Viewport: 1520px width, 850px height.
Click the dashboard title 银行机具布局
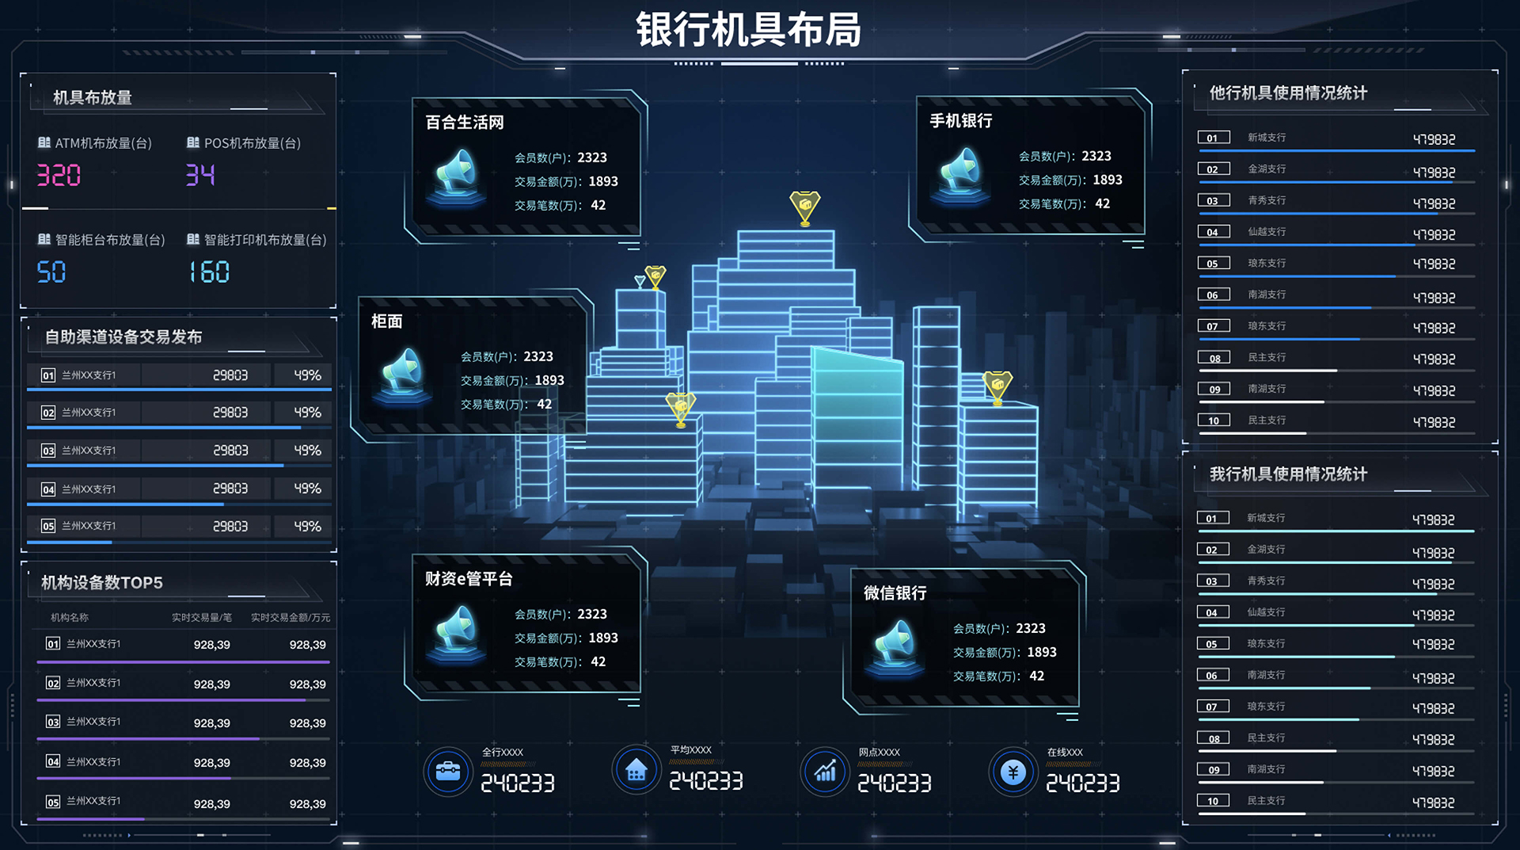point(748,30)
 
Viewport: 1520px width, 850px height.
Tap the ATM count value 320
point(59,175)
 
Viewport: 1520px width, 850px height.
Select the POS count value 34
point(200,175)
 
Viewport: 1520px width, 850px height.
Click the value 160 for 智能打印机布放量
point(210,273)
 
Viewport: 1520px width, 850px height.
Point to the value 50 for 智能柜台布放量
point(51,273)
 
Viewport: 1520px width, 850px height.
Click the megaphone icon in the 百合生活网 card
point(456,175)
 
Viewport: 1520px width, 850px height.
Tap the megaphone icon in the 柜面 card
point(402,375)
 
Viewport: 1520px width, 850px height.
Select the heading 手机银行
point(960,120)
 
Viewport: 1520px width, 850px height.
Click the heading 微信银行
point(895,593)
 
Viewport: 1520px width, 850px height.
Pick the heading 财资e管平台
point(469,579)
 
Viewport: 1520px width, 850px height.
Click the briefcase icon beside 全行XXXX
point(448,771)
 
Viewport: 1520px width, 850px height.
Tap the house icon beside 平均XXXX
point(636,769)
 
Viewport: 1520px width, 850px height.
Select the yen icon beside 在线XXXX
point(1013,772)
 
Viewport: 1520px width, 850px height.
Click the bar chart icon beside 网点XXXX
point(825,771)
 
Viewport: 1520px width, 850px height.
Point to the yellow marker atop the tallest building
point(805,208)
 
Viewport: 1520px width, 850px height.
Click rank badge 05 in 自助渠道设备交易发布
point(48,526)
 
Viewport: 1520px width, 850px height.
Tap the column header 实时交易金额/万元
point(291,618)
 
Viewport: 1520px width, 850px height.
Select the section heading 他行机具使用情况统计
point(1288,93)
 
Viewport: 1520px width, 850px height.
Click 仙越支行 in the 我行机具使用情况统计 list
point(1266,612)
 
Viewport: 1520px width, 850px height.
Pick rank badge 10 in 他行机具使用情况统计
point(1214,421)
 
